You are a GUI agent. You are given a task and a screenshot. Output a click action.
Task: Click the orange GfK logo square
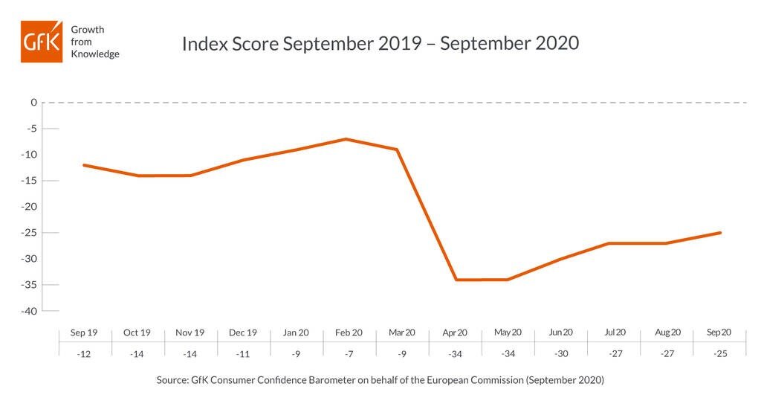[42, 42]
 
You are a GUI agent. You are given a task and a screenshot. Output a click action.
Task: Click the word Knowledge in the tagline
[95, 54]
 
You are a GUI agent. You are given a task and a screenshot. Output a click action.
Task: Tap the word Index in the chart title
[204, 43]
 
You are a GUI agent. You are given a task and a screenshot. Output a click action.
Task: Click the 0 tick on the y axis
[33, 103]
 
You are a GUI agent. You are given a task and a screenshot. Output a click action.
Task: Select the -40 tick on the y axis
[29, 311]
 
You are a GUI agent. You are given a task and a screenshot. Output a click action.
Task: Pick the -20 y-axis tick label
[29, 207]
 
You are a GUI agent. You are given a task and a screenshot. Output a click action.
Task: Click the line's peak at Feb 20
[346, 139]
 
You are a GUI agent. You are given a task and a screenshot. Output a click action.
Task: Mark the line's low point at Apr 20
[456, 280]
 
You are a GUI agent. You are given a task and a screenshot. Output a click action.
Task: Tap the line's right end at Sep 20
[720, 233]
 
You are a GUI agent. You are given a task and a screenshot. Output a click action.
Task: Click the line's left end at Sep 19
[84, 165]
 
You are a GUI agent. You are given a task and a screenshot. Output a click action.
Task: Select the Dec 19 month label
[243, 333]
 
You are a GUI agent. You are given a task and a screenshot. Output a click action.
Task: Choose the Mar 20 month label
[402, 333]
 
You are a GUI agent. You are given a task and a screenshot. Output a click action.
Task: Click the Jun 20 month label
[560, 333]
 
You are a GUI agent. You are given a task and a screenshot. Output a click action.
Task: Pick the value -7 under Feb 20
[349, 354]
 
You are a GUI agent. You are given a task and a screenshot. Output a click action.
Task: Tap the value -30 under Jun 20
[561, 354]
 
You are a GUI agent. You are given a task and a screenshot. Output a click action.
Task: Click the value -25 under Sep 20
[720, 354]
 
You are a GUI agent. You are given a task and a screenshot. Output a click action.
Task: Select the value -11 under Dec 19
[243, 354]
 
